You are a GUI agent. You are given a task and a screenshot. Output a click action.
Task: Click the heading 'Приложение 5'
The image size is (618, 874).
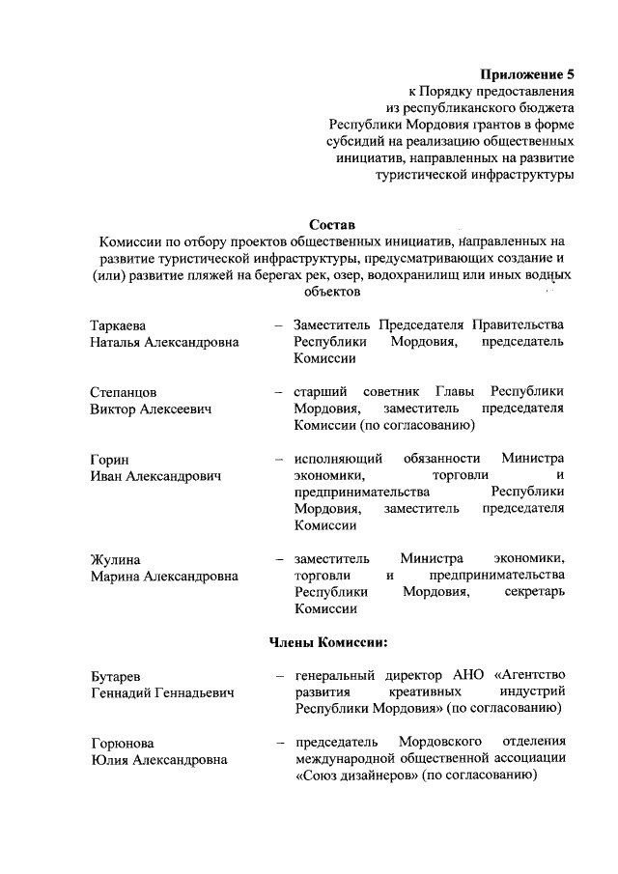(529, 73)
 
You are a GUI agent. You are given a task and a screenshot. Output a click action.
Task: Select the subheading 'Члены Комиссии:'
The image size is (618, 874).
(327, 640)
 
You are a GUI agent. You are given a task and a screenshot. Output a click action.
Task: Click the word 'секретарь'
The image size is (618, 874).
(534, 592)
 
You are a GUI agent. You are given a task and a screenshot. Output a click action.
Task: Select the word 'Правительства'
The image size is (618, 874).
(519, 324)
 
